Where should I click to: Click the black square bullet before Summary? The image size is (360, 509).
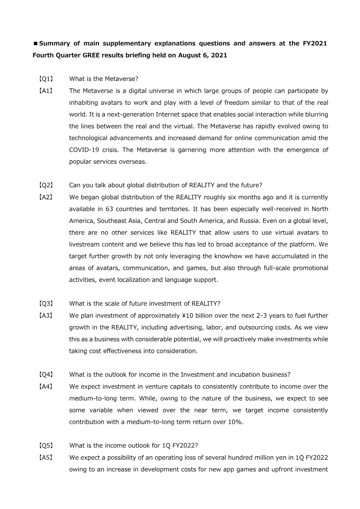coord(36,44)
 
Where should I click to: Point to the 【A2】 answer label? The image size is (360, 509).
coord(46,197)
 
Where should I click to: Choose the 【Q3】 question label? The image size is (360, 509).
coord(46,304)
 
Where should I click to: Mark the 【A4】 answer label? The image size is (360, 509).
coord(46,386)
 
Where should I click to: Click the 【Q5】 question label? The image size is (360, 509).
coord(46,446)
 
